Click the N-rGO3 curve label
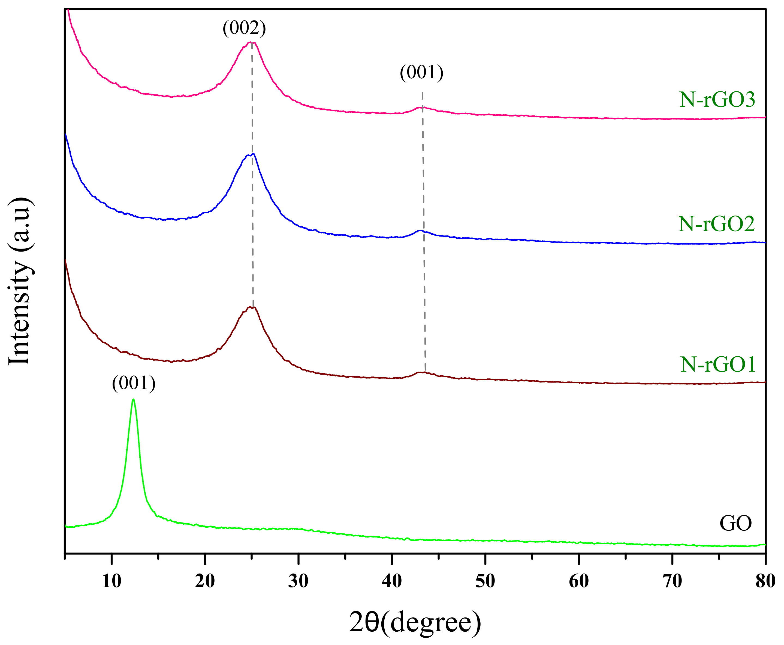click(717, 100)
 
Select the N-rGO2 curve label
click(716, 224)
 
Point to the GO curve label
click(735, 523)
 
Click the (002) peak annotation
click(244, 28)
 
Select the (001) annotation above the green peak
click(134, 383)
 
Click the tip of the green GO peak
click(133, 400)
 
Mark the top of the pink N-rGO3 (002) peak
click(251, 42)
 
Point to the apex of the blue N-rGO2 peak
click(252, 154)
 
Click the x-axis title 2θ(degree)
click(415, 623)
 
